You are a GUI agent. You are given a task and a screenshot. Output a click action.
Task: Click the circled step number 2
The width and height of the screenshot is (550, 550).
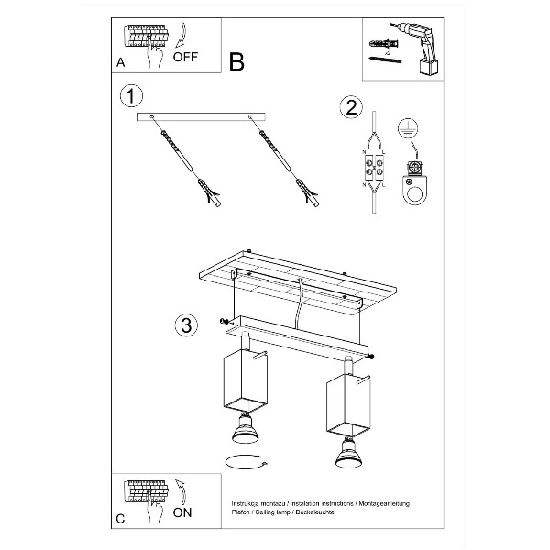coord(348,107)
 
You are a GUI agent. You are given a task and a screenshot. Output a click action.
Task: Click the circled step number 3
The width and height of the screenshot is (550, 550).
coord(185,324)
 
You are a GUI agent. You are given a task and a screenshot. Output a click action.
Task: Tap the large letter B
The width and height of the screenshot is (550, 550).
coord(236,61)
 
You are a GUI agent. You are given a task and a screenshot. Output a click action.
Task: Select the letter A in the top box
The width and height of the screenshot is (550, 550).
coord(121,63)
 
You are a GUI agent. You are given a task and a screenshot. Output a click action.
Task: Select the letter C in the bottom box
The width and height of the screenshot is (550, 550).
coord(121,519)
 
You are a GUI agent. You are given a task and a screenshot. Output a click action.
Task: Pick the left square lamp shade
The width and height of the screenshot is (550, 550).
coord(243,379)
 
